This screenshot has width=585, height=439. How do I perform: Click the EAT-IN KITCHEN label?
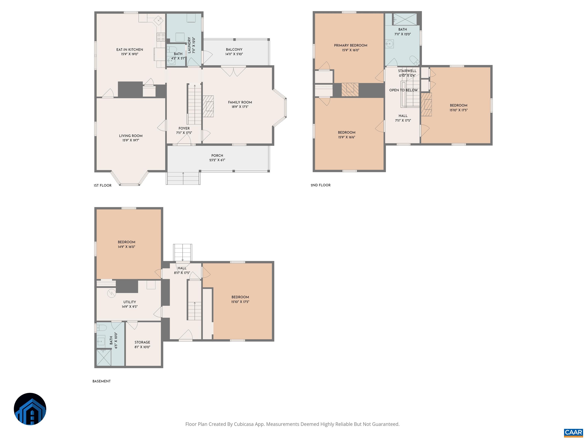(x=130, y=50)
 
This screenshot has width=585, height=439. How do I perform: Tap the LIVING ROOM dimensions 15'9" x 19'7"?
(x=131, y=140)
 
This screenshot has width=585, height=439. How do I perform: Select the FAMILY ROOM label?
(x=240, y=102)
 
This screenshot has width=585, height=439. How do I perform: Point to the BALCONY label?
(x=234, y=50)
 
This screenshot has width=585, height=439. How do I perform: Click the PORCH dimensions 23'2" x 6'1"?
(x=217, y=160)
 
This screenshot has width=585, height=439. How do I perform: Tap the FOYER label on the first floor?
(x=184, y=128)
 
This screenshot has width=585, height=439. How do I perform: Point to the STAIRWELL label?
(x=407, y=71)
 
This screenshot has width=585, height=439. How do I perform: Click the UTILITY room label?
(x=130, y=302)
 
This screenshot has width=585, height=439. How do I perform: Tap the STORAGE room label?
(x=142, y=342)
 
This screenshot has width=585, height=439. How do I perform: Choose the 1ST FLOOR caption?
(x=103, y=185)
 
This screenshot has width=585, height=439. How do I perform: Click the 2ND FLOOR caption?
(x=320, y=185)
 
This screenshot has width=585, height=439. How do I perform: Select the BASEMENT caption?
(x=101, y=381)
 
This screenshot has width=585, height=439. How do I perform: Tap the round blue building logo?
(x=30, y=409)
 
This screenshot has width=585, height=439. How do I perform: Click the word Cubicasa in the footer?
(x=244, y=424)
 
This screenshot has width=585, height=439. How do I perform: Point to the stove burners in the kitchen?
(x=161, y=37)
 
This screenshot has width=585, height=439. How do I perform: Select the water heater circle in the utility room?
(x=111, y=293)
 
